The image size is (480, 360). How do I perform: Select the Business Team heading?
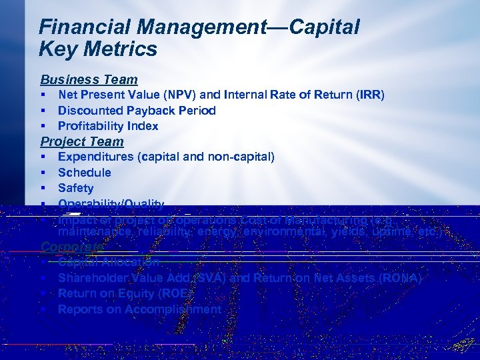pyautogui.click(x=89, y=79)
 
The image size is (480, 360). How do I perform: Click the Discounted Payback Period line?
pyautogui.click(x=137, y=111)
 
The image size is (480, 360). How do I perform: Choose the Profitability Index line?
pyautogui.click(x=108, y=126)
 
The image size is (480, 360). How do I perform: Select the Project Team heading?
pyautogui.click(x=82, y=141)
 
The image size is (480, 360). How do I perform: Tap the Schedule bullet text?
pyautogui.click(x=85, y=173)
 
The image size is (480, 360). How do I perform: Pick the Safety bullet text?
pyautogui.click(x=76, y=188)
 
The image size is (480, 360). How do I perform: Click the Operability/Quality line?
pyautogui.click(x=111, y=204)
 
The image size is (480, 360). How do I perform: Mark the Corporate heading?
pyautogui.click(x=72, y=246)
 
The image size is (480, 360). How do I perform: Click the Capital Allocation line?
pyautogui.click(x=109, y=262)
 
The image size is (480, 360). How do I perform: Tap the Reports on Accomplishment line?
pyautogui.click(x=139, y=309)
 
